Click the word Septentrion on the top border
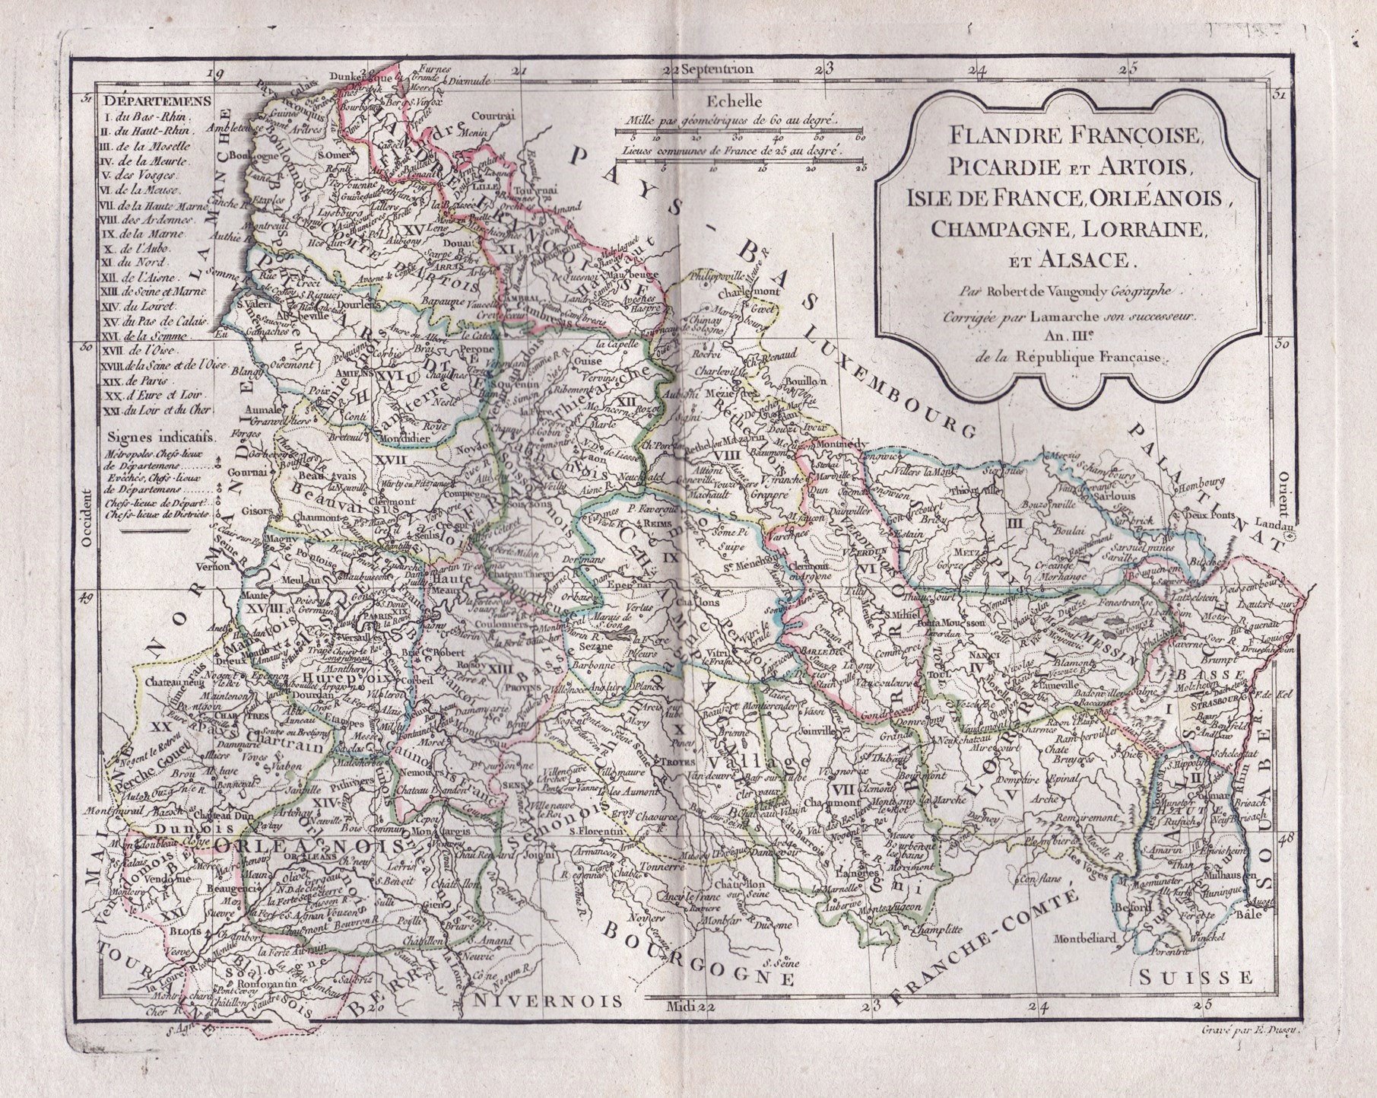click(x=717, y=68)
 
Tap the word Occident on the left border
click(x=87, y=526)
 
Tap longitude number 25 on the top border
click(x=1132, y=69)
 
